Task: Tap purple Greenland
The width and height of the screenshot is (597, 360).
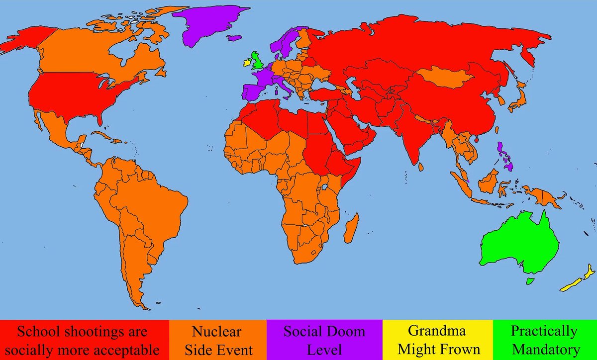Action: [201, 25]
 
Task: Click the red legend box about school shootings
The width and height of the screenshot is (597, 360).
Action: [85, 340]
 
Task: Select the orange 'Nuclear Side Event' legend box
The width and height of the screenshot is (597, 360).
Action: [217, 340]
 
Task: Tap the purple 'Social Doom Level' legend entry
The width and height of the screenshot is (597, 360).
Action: [324, 340]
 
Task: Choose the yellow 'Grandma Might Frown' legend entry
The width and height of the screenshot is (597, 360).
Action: [437, 340]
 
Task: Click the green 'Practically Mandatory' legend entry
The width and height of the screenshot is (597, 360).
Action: [545, 340]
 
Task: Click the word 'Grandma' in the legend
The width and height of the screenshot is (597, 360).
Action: [437, 331]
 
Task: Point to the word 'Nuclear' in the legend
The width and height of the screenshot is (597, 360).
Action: [217, 331]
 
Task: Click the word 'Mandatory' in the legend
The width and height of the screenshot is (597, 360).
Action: [545, 349]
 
